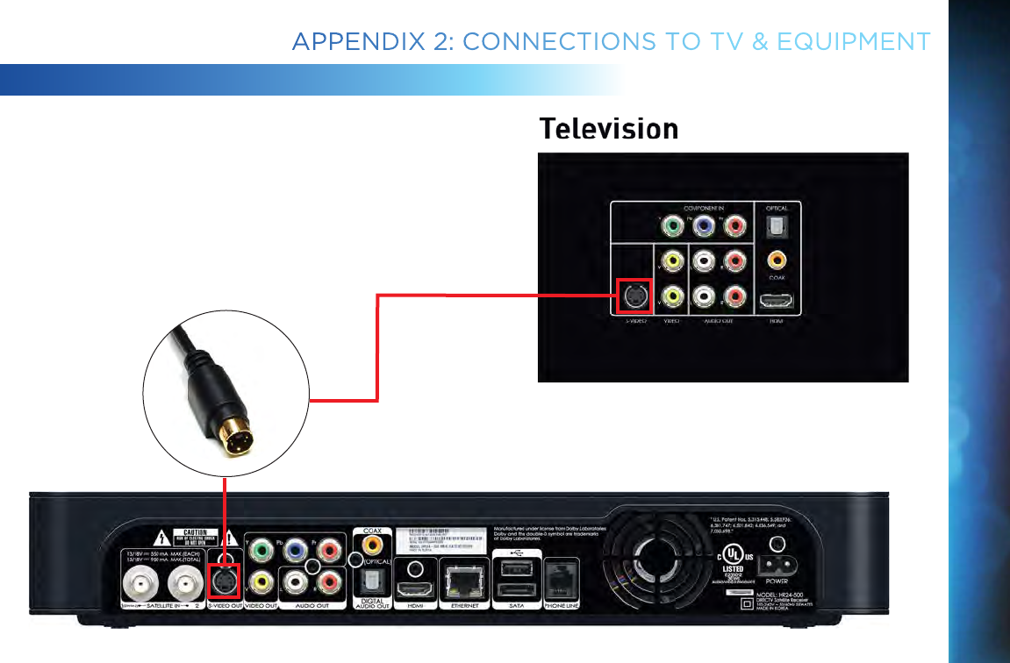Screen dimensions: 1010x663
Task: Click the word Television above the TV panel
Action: [x=608, y=129]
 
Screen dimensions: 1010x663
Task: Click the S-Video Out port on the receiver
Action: [x=225, y=580]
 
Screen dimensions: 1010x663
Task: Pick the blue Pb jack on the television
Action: [x=703, y=226]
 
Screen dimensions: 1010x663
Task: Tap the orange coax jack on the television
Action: [x=776, y=260]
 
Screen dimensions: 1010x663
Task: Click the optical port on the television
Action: [x=777, y=226]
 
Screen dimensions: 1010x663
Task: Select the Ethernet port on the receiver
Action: [x=463, y=579]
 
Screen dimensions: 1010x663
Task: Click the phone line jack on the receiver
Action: [x=560, y=579]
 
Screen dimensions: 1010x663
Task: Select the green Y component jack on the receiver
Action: [x=261, y=551]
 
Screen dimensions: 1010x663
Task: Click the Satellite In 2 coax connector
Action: [x=185, y=581]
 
